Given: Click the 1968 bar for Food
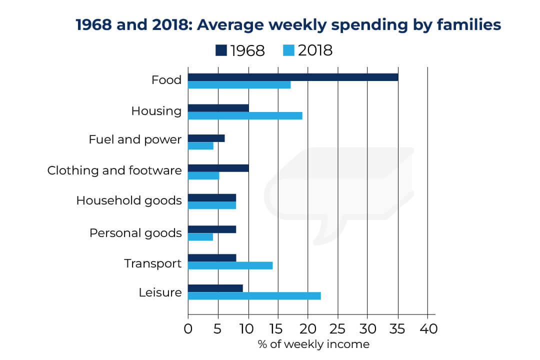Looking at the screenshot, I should pyautogui.click(x=293, y=77).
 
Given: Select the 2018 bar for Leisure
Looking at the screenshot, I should pyautogui.click(x=254, y=296).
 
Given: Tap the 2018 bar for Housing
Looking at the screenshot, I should pyautogui.click(x=245, y=116).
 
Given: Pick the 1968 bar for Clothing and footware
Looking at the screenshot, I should pyautogui.click(x=218, y=168).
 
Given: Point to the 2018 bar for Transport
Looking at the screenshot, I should pyautogui.click(x=230, y=265).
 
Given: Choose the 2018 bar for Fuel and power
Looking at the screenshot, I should pyautogui.click(x=200, y=146).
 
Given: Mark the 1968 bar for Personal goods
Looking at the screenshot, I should pyautogui.click(x=212, y=229).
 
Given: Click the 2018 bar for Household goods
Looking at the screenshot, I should pyautogui.click(x=212, y=205).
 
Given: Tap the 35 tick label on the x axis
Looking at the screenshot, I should pyautogui.click(x=398, y=329).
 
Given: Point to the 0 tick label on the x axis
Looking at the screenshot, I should pyautogui.click(x=188, y=329).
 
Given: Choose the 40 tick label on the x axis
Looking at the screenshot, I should pyautogui.click(x=428, y=329).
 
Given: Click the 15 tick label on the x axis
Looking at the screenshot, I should pyautogui.click(x=278, y=329).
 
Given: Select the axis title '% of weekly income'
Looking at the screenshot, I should pyautogui.click(x=313, y=344).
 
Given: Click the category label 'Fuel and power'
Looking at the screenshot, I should pyautogui.click(x=135, y=139).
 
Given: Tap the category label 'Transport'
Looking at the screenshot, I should pyautogui.click(x=152, y=263).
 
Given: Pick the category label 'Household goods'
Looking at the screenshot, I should pyautogui.click(x=128, y=201).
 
